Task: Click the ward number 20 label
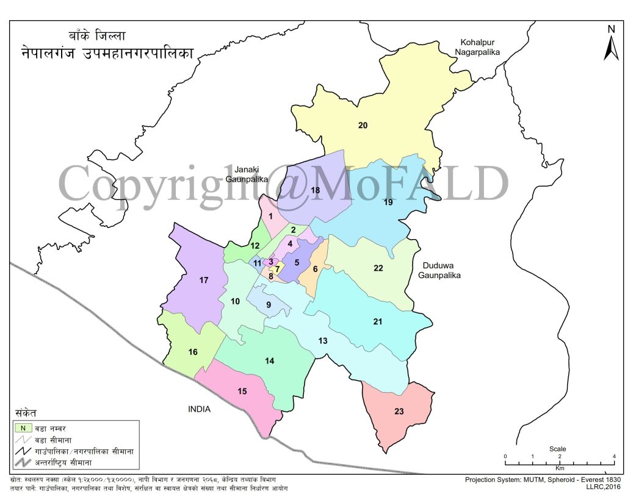363,126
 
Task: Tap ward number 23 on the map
399,412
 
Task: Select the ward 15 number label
242,391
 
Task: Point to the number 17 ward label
204,281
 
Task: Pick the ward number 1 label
270,216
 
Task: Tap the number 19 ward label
388,202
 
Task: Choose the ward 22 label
378,268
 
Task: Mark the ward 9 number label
268,304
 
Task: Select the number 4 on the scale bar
614,457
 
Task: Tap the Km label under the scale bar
560,468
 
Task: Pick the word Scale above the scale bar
558,448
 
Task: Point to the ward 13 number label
323,340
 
